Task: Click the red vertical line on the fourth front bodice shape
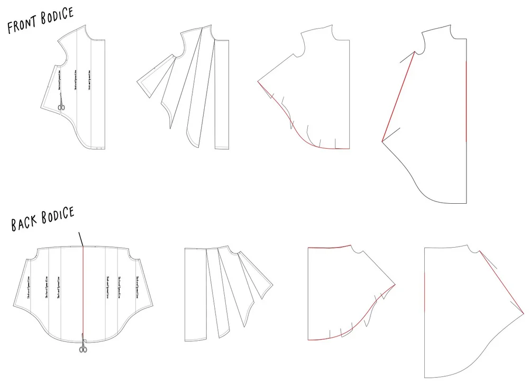click(x=466, y=101)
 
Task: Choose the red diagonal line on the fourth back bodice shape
click(x=500, y=280)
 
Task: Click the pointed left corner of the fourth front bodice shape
click(x=382, y=141)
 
